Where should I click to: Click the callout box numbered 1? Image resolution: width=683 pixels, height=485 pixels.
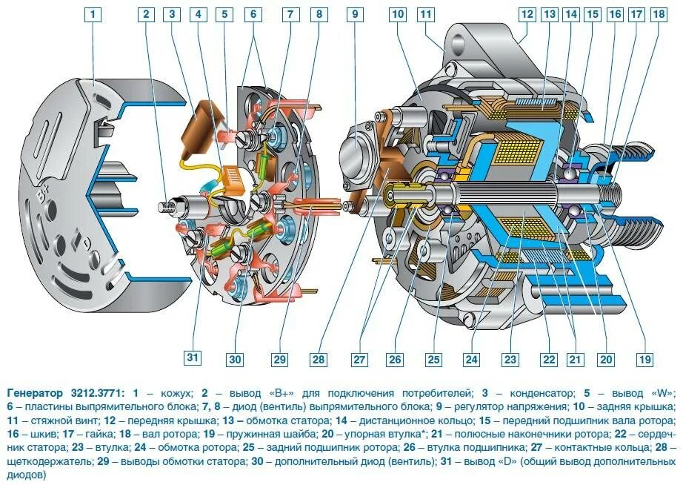(x=93, y=14)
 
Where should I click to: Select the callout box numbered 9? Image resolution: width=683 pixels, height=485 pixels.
(x=355, y=14)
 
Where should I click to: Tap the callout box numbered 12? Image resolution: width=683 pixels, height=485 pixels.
(x=527, y=14)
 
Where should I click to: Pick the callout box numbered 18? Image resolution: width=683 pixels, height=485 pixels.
(x=657, y=14)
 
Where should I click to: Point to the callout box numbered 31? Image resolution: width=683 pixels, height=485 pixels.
(x=193, y=360)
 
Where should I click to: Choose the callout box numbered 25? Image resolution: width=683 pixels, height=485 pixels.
(x=433, y=360)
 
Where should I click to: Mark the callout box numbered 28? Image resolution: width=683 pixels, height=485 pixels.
(x=319, y=360)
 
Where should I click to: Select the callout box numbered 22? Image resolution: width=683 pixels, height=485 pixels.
(x=548, y=360)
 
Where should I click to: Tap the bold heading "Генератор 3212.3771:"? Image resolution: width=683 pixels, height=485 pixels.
(x=66, y=392)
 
